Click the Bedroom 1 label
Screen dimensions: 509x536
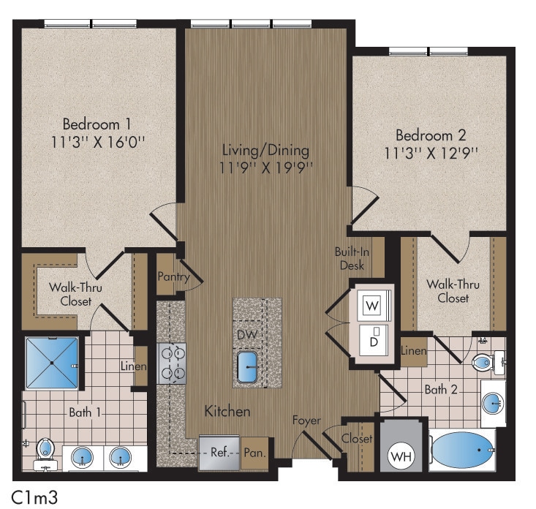(x=97, y=123)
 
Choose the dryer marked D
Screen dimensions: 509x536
(x=373, y=339)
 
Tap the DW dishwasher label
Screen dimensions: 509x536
(x=247, y=334)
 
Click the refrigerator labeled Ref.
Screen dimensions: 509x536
(x=219, y=453)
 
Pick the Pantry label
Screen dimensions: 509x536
(x=173, y=276)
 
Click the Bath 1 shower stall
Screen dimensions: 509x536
(x=52, y=363)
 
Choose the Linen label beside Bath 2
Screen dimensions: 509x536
(x=414, y=351)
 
